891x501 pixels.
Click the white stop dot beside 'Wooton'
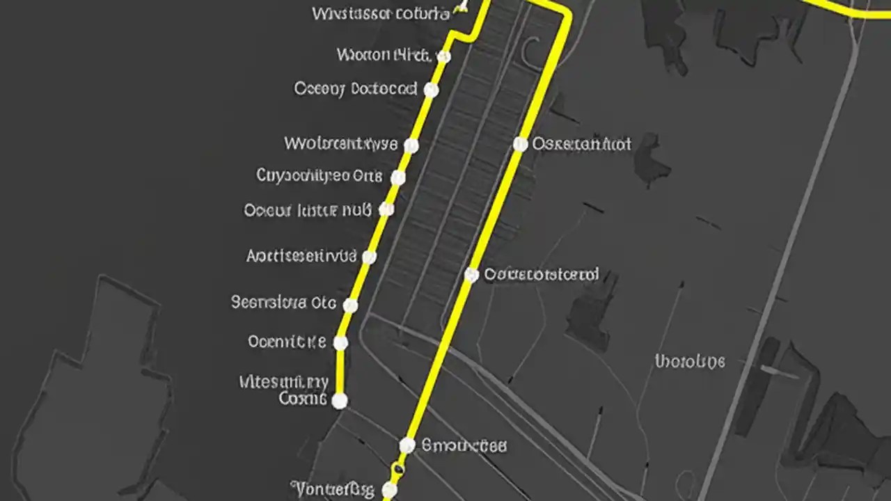(x=443, y=56)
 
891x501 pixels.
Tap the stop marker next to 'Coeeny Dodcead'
(x=431, y=90)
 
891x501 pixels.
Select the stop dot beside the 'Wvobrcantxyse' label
(x=411, y=145)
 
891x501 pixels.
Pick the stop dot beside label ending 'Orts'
(x=397, y=177)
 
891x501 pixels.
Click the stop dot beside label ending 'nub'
(x=386, y=209)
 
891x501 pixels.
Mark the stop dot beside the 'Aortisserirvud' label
(x=370, y=257)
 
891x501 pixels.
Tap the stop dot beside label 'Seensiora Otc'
(x=351, y=305)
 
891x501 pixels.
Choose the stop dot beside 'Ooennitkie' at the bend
(x=340, y=342)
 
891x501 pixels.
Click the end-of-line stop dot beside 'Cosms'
(x=339, y=400)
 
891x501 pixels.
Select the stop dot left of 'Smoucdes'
(x=407, y=445)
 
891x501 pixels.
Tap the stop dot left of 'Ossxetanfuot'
(x=520, y=144)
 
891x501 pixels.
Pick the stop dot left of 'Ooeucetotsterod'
(x=471, y=275)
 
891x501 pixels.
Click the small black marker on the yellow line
(x=397, y=470)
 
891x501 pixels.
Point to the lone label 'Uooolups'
(x=690, y=361)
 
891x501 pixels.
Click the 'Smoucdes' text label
(x=464, y=445)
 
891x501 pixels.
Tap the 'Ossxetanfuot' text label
(x=582, y=144)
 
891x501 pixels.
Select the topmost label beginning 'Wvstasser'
(x=380, y=13)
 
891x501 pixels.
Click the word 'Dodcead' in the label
(x=384, y=89)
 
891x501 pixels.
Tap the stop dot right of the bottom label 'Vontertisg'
(x=389, y=491)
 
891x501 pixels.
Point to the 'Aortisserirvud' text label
(x=301, y=256)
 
